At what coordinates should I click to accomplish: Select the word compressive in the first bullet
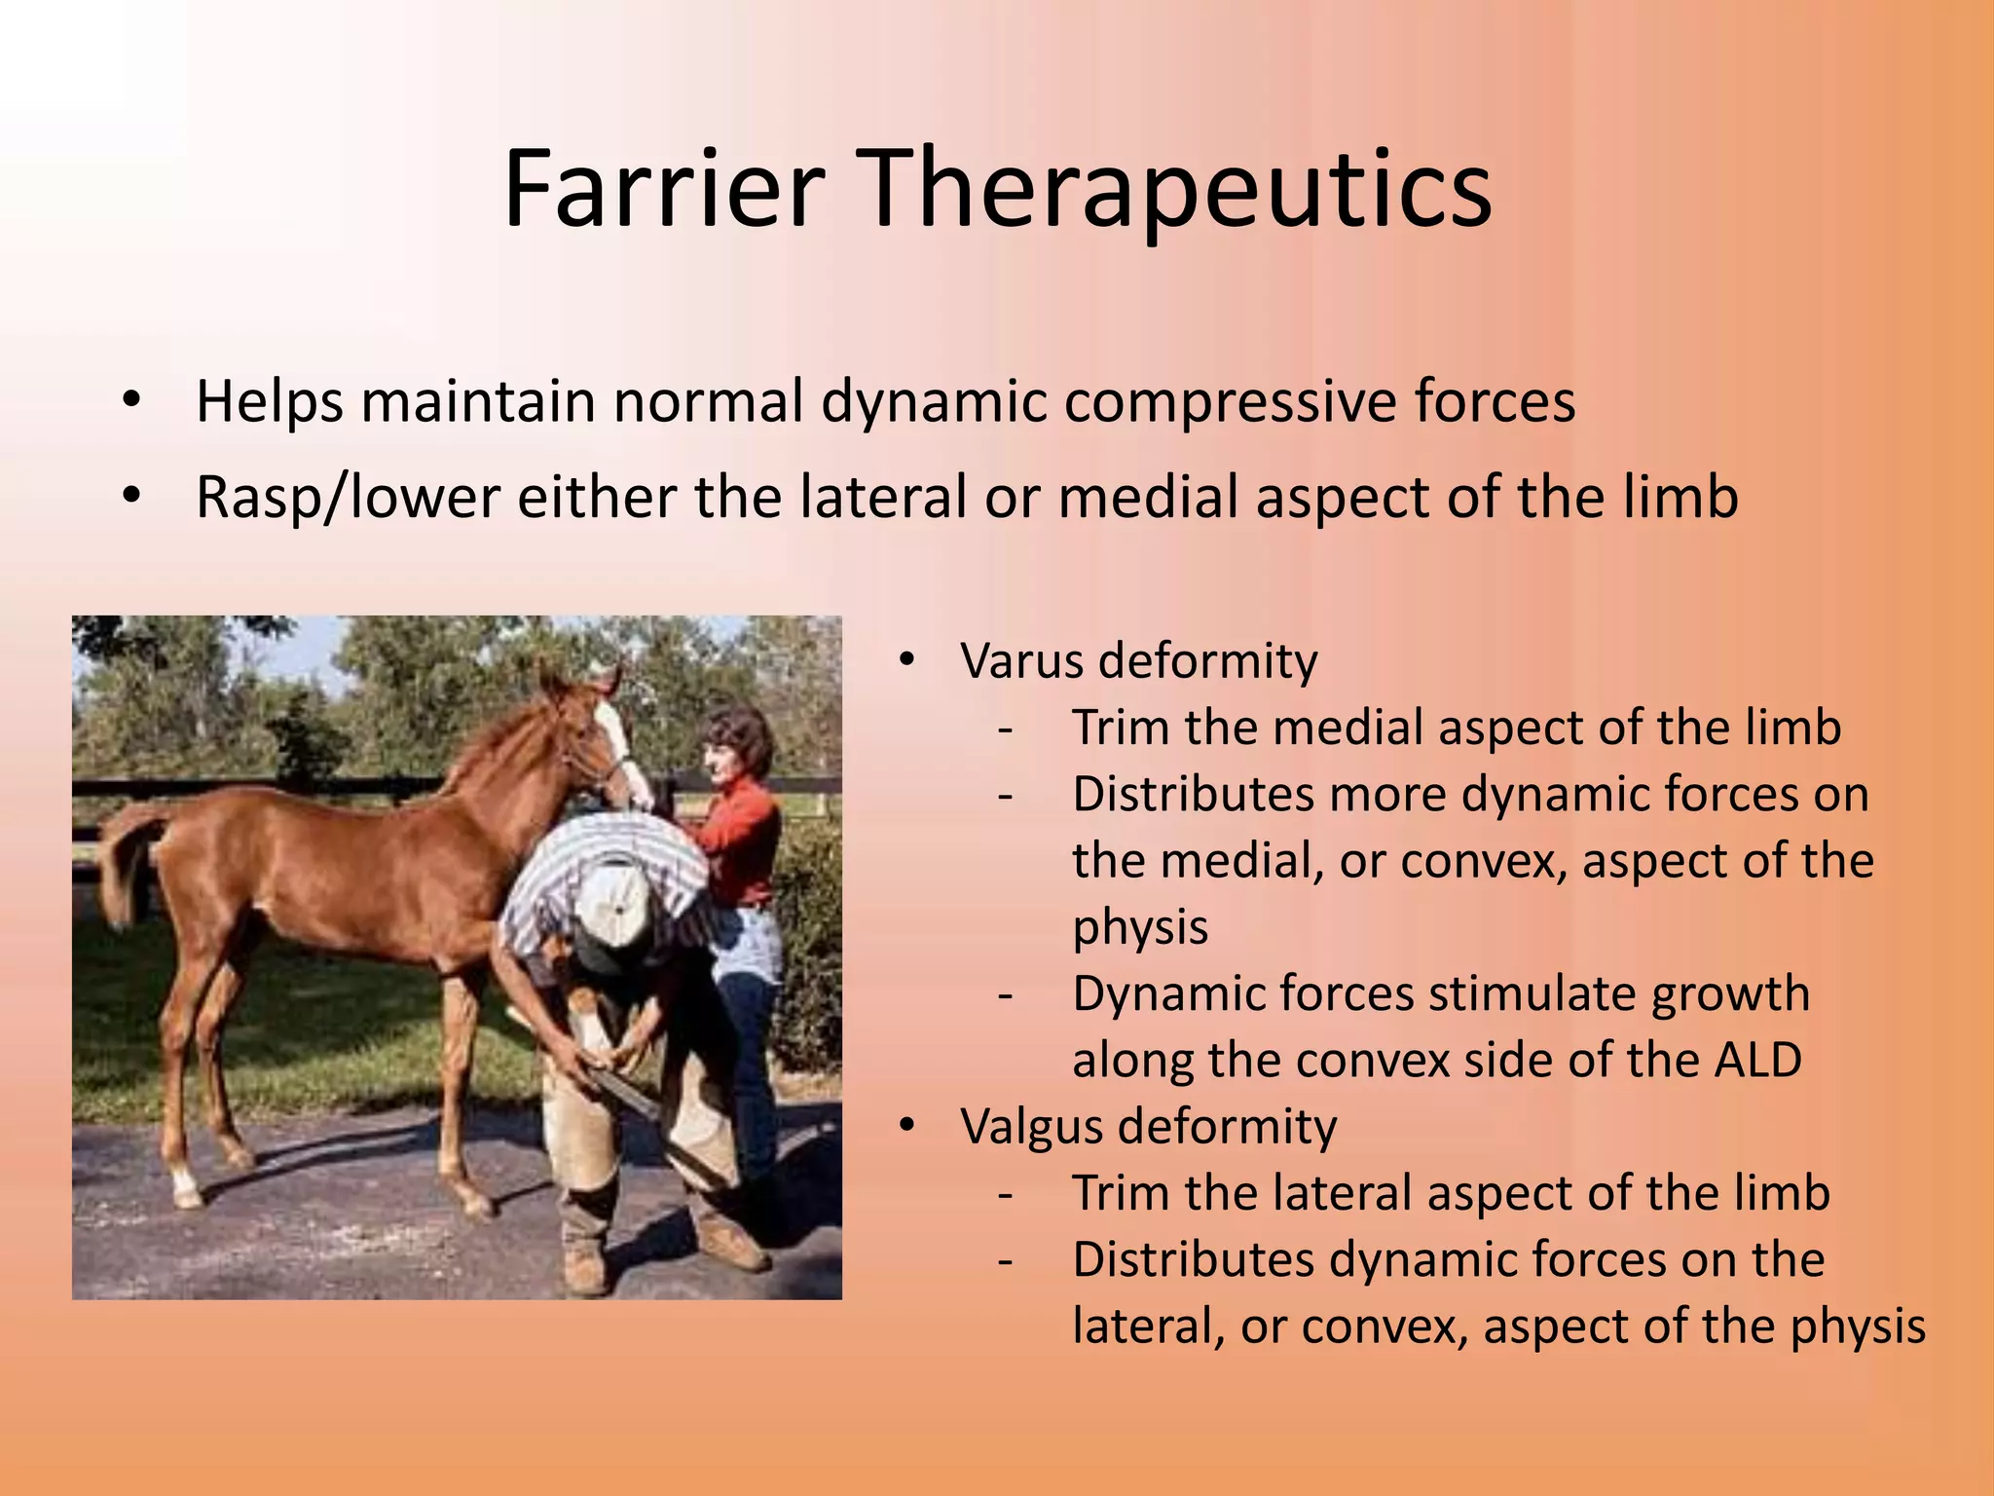(x=1231, y=401)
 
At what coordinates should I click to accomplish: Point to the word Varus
(x=1026, y=661)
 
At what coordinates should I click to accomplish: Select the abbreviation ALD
(x=1756, y=1060)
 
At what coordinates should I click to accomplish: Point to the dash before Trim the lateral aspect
(x=1006, y=1194)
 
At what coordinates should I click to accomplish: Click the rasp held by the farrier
(x=623, y=1091)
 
